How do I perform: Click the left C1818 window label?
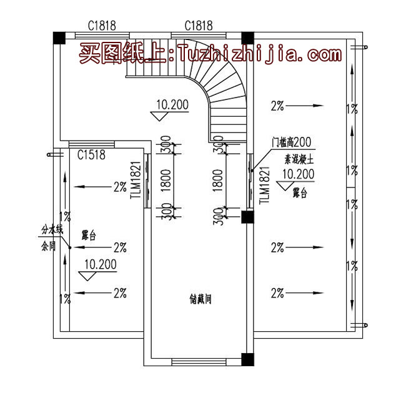pyautogui.click(x=101, y=26)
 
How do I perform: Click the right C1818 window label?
pyautogui.click(x=199, y=26)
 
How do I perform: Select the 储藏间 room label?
pyautogui.click(x=201, y=299)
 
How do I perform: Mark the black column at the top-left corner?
pyautogui.click(x=58, y=37)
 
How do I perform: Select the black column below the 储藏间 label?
pyautogui.click(x=247, y=359)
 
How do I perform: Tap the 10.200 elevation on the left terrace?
pyautogui.click(x=100, y=264)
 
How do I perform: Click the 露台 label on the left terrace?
pyautogui.click(x=88, y=236)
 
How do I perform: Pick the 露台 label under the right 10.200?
pyautogui.click(x=300, y=194)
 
